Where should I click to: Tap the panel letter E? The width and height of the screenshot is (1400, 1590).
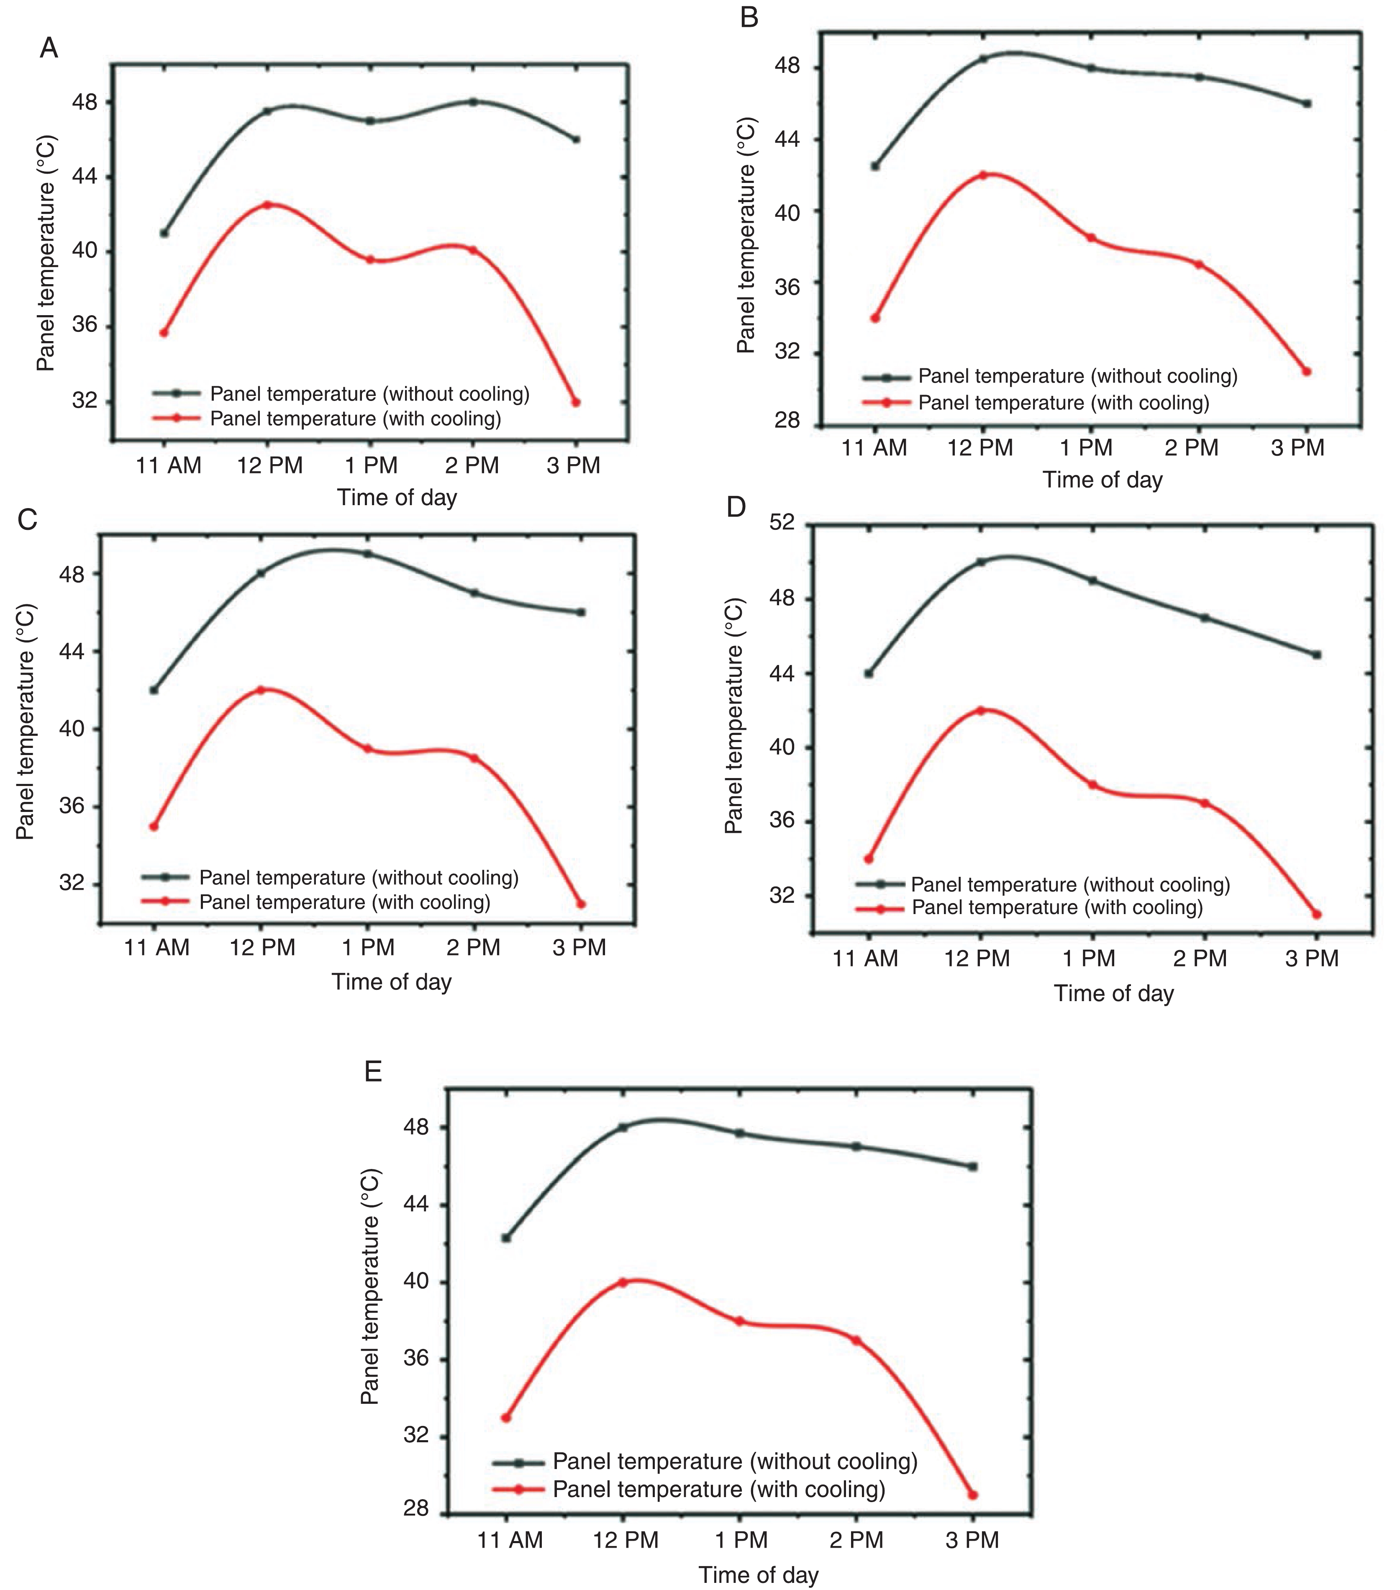[373, 1072]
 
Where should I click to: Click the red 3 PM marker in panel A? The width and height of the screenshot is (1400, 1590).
[576, 402]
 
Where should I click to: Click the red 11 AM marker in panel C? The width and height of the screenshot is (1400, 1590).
[154, 826]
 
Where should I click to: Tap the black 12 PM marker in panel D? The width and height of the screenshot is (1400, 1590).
[981, 562]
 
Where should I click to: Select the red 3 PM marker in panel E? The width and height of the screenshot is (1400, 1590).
[973, 1495]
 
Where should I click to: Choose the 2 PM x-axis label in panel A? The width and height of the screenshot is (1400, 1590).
[472, 465]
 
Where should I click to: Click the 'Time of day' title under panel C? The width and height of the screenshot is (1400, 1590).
[391, 982]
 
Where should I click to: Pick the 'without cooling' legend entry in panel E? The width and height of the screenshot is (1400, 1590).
[735, 1462]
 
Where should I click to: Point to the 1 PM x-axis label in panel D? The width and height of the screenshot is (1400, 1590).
[1089, 958]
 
